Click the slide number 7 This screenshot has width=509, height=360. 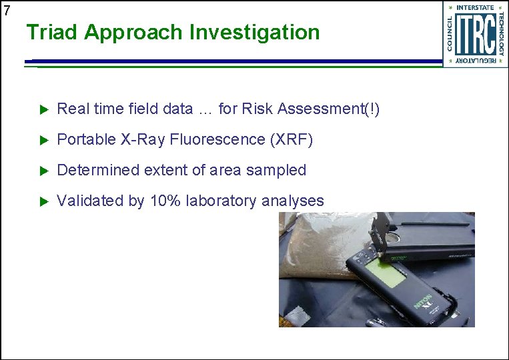tap(7, 10)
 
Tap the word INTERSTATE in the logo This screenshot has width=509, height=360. tap(475, 7)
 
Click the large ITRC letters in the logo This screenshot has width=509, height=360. tap(474, 34)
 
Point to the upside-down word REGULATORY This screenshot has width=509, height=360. tap(475, 61)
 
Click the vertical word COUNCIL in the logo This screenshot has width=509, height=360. tap(449, 34)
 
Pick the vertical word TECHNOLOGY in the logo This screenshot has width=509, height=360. tap(500, 34)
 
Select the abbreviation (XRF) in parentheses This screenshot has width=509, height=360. tap(291, 139)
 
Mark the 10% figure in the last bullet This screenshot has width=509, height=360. tap(165, 201)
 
